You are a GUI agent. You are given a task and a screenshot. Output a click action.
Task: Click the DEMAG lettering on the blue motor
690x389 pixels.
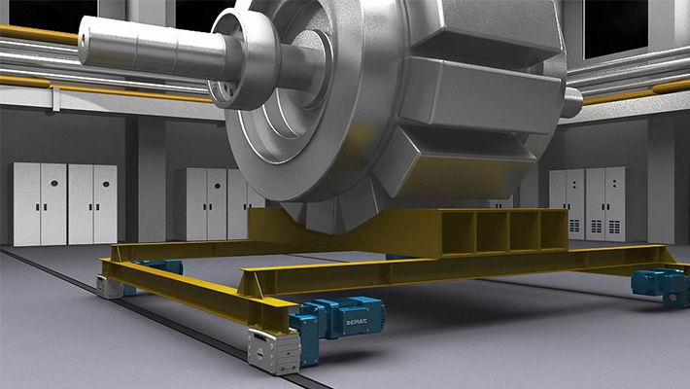point(356,323)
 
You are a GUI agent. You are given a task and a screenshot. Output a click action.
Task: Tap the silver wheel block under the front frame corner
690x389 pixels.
point(273,351)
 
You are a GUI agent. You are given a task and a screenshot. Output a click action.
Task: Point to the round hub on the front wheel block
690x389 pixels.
point(259,352)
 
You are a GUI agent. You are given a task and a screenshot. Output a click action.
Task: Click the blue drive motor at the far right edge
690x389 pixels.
point(661,286)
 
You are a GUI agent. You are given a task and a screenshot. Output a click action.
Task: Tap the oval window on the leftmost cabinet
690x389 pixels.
point(54,183)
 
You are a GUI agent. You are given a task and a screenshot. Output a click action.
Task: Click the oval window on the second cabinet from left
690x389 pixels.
point(106,184)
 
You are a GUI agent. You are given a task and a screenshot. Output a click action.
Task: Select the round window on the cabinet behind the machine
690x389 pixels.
point(218,187)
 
